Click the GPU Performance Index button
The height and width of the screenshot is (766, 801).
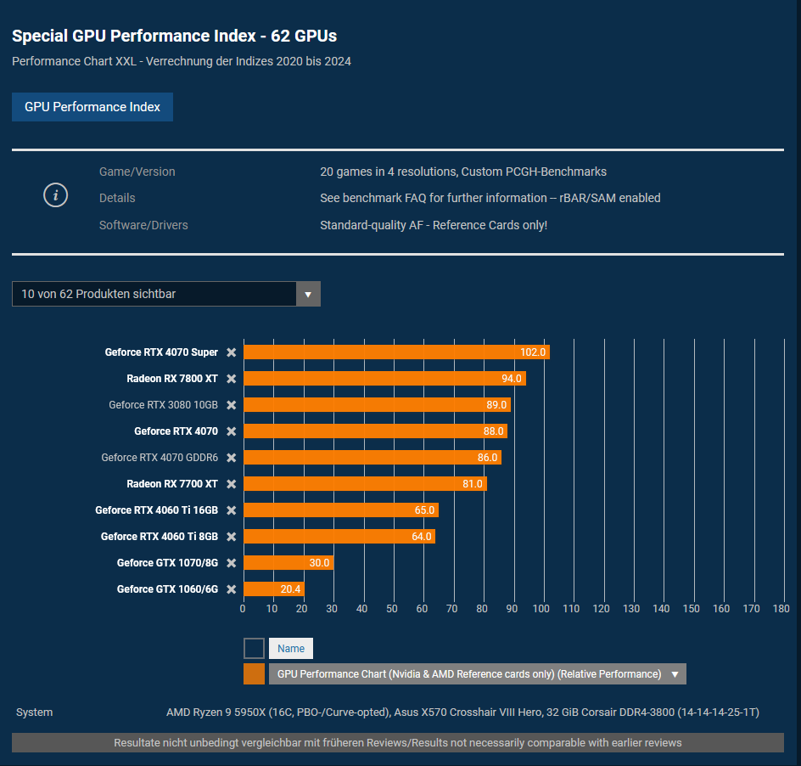pos(92,107)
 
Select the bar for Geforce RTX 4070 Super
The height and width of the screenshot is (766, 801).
pos(395,352)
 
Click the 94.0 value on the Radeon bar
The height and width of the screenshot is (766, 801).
pos(511,379)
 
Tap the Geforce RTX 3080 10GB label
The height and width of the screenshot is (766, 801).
pos(163,405)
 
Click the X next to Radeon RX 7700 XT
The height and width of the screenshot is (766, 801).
pos(231,484)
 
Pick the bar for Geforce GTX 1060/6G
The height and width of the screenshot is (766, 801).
pos(273,589)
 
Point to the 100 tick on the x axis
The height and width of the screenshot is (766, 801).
pos(541,608)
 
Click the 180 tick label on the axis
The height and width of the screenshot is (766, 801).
pos(781,608)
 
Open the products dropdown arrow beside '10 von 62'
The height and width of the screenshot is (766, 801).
pos(308,294)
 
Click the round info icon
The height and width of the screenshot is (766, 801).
pos(55,195)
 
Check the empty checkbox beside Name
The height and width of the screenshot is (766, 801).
pos(254,649)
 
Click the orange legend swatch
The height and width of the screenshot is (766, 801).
pos(254,674)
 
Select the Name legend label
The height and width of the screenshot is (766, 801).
pos(291,649)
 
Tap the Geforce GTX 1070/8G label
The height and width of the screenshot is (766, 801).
pos(167,563)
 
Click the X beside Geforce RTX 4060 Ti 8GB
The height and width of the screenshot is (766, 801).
pos(231,537)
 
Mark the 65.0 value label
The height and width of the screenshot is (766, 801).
pos(424,510)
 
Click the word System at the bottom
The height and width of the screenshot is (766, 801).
pos(34,712)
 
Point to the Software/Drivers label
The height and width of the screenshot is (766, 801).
pos(143,225)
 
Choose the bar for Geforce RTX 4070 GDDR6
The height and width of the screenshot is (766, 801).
pos(372,458)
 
